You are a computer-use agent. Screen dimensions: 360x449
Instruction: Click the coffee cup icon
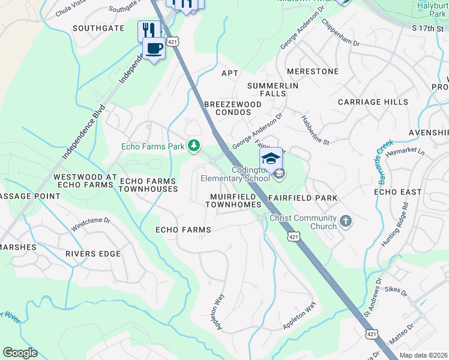(x=154, y=49)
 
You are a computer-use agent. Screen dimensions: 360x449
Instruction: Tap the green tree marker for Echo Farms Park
(x=194, y=145)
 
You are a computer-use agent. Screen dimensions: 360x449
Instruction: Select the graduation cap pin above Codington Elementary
(x=271, y=158)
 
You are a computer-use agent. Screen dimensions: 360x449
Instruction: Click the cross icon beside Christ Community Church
(x=345, y=221)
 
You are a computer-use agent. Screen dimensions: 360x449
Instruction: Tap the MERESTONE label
(x=312, y=71)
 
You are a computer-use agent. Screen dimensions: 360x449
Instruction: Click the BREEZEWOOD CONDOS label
(x=233, y=108)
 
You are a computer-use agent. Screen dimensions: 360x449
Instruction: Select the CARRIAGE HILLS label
(x=373, y=102)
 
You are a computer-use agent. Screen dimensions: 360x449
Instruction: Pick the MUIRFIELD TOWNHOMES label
(x=233, y=200)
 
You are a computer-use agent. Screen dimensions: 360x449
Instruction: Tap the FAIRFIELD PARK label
(x=303, y=197)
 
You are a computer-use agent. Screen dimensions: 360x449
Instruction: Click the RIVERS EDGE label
(x=93, y=254)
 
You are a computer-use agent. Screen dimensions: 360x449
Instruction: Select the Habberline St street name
(x=316, y=130)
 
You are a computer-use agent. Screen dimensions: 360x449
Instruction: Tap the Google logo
(x=20, y=353)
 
